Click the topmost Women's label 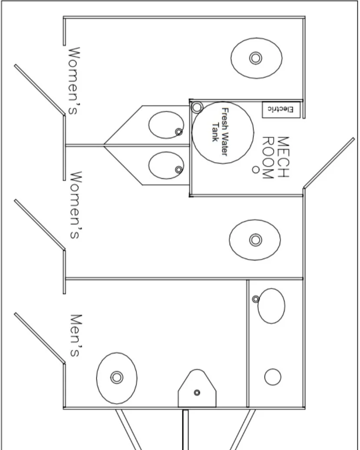click(73, 81)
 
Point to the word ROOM click(268, 157)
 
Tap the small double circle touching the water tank click(197, 107)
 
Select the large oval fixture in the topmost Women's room click(256, 58)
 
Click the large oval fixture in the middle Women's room click(255, 239)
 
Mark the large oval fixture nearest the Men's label click(116, 377)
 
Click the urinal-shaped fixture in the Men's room click(197, 390)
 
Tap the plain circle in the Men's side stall click(273, 377)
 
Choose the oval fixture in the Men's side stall click(271, 306)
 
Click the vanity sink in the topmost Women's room click(166, 125)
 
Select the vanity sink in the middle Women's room click(166, 165)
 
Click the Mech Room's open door click(329, 163)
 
